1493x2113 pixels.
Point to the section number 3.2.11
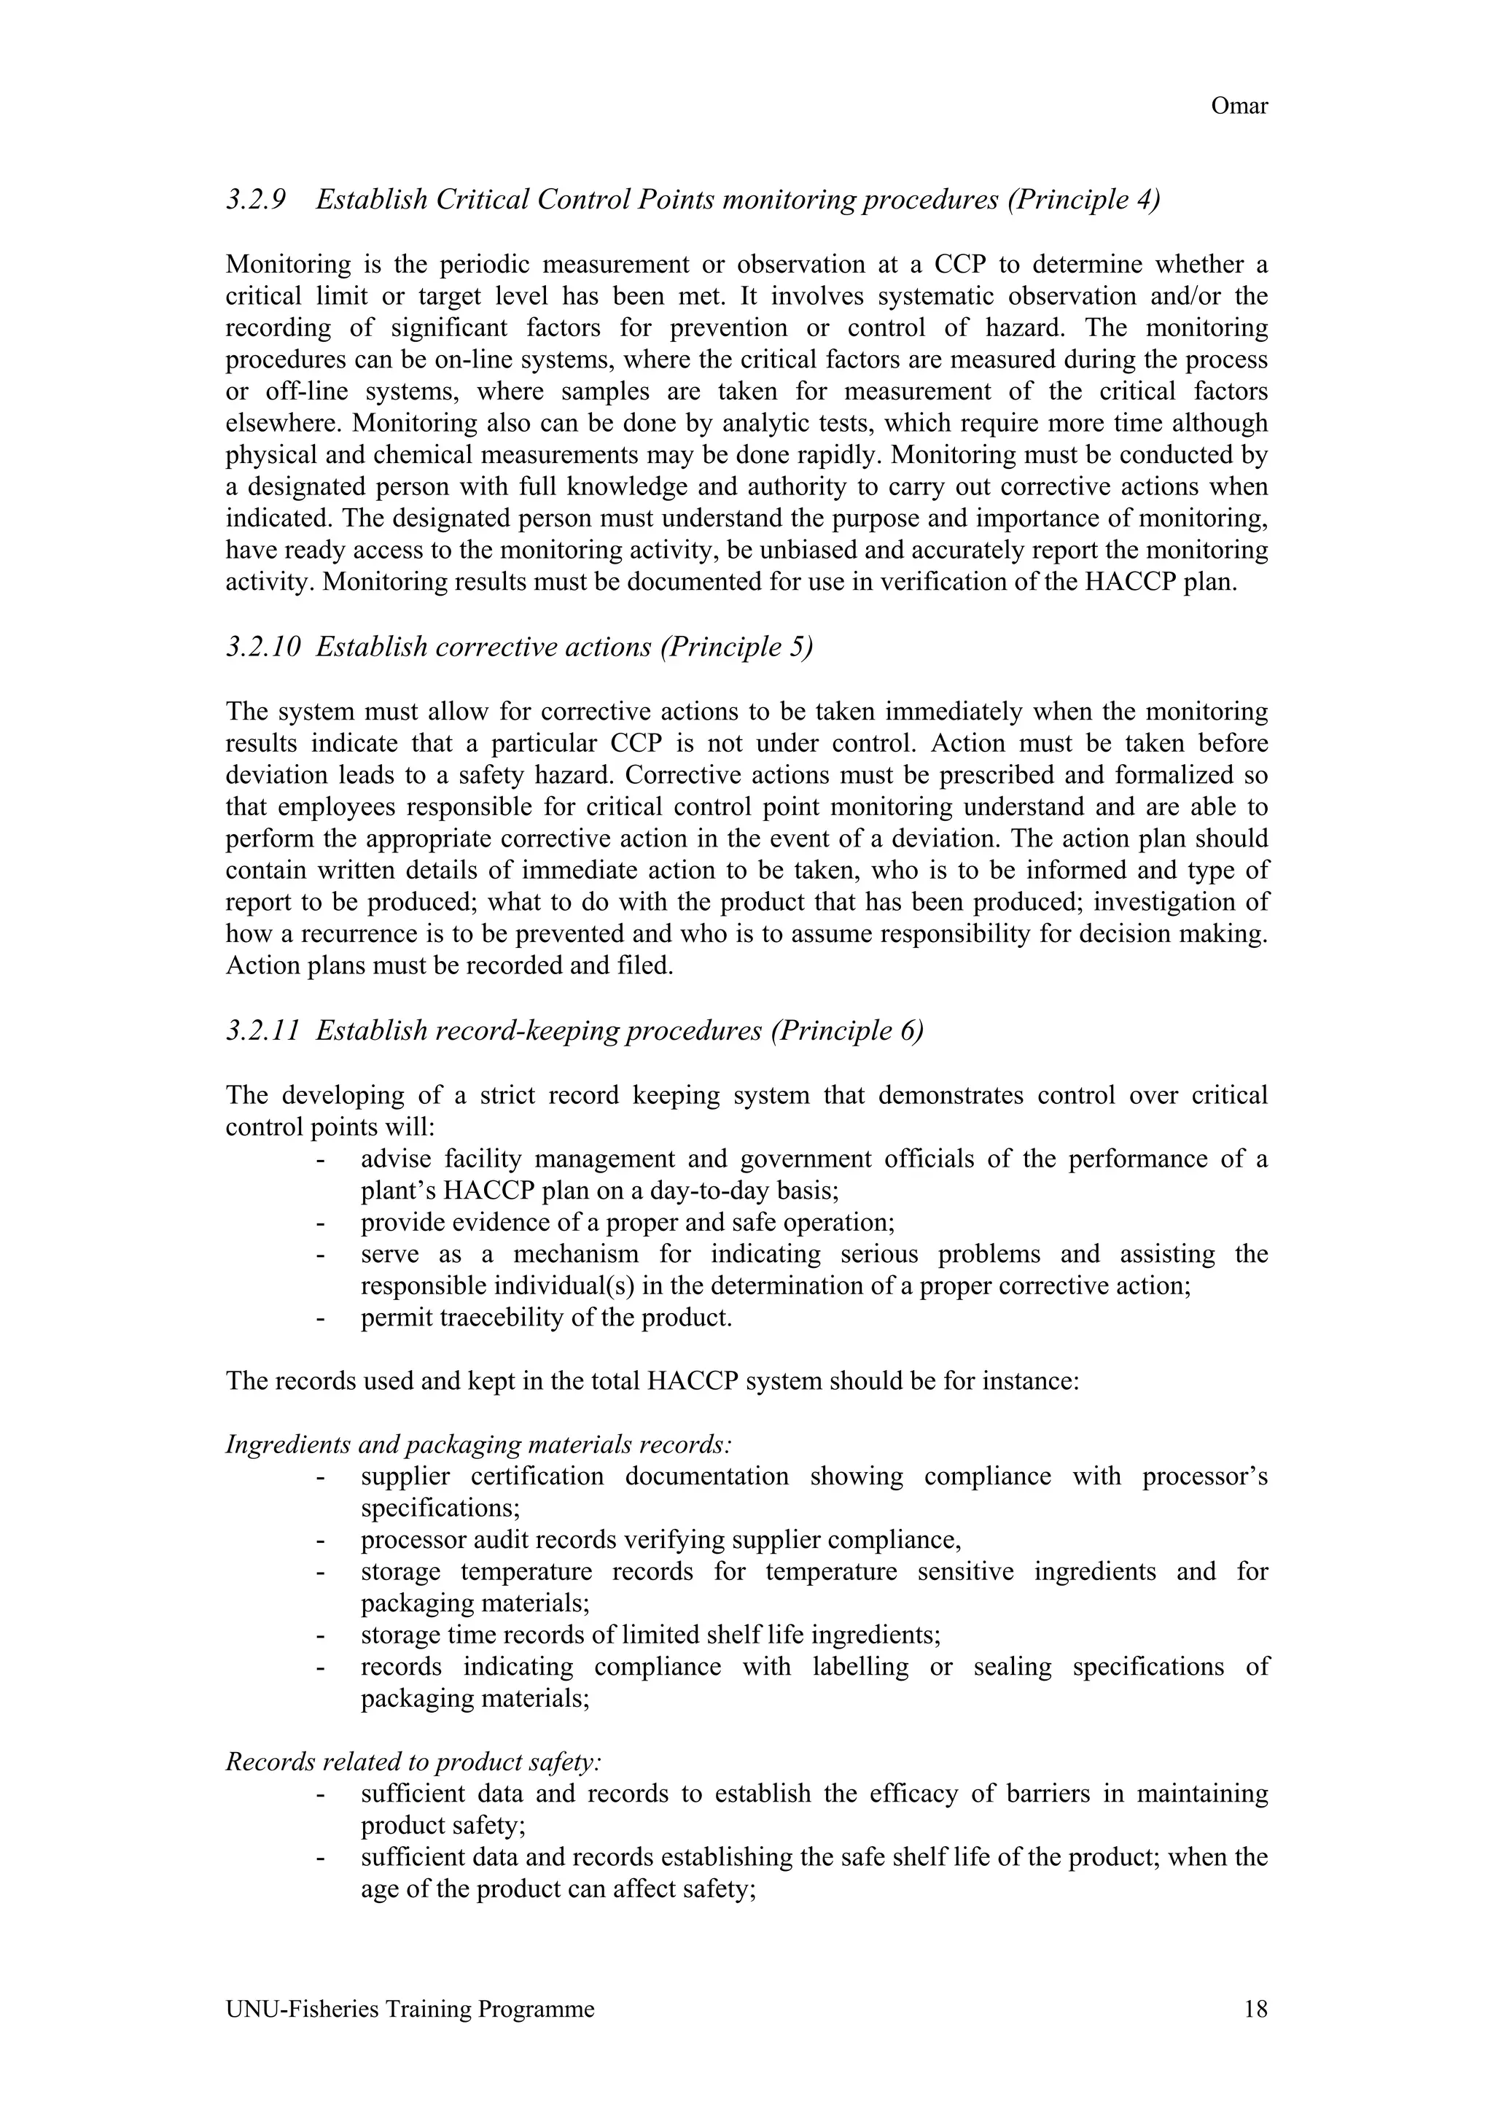[263, 1031]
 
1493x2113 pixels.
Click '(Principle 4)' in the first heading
[1083, 200]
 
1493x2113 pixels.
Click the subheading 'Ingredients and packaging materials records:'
[478, 1445]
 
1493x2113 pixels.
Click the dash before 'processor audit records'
[320, 1541]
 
